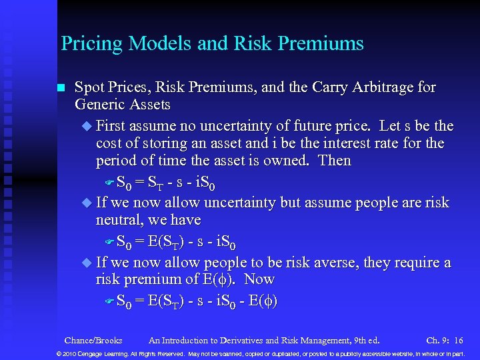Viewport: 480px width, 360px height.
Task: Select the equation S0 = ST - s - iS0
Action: pyautogui.click(x=165, y=182)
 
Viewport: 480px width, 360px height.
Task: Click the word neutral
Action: pyautogui.click(x=121, y=219)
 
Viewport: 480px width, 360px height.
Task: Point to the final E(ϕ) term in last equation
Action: pyautogui.click(x=261, y=301)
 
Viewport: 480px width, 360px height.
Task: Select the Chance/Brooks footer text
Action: pyautogui.click(x=93, y=340)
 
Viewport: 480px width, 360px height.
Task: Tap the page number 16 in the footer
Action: pyautogui.click(x=458, y=340)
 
